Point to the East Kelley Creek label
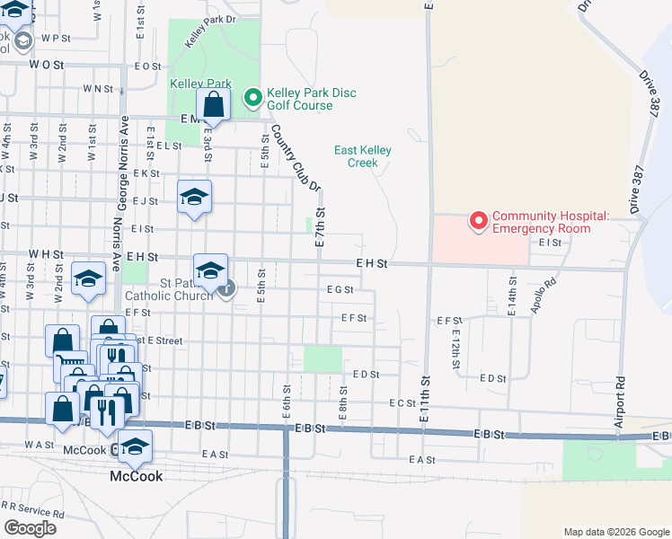[363, 156]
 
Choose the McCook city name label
[137, 476]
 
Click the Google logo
[30, 528]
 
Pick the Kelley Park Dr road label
[209, 30]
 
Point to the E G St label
[340, 290]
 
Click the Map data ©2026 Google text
[615, 532]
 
